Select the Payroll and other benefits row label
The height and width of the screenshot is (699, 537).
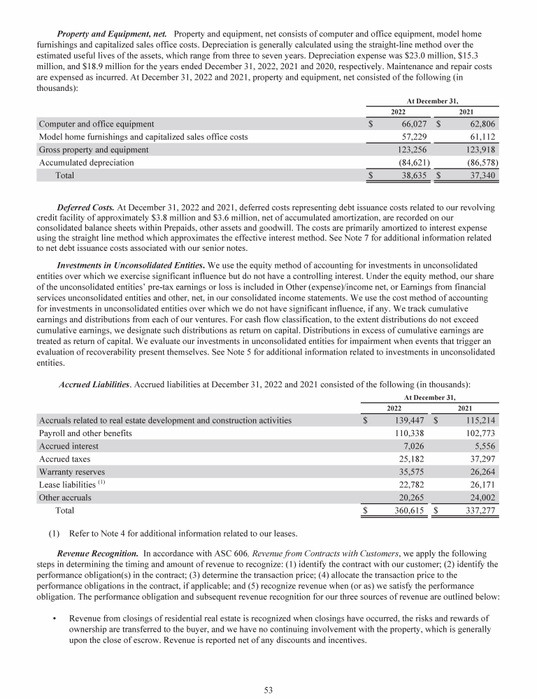click(x=85, y=433)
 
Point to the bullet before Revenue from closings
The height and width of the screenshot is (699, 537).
click(x=54, y=618)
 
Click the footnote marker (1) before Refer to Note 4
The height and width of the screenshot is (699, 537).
click(x=54, y=532)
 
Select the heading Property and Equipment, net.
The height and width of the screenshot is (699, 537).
click(x=112, y=34)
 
